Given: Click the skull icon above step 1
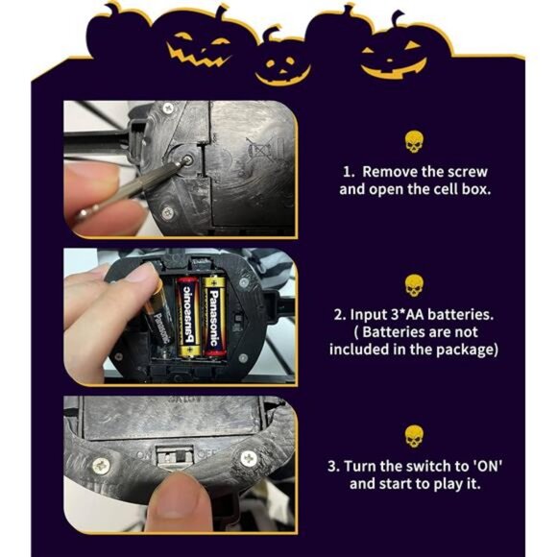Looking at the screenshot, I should pyautogui.click(x=414, y=143).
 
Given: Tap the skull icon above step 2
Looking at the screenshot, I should pyautogui.click(x=414, y=285).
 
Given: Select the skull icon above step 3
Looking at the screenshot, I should pyautogui.click(x=414, y=436).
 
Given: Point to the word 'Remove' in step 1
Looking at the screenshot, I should pyautogui.click(x=394, y=171).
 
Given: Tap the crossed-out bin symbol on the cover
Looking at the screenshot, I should pyautogui.click(x=256, y=149).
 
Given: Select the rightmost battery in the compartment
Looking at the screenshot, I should pyautogui.click(x=213, y=316).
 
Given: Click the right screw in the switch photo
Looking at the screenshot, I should pyautogui.click(x=248, y=460).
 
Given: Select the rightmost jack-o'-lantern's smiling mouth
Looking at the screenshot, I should pyautogui.click(x=396, y=66).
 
